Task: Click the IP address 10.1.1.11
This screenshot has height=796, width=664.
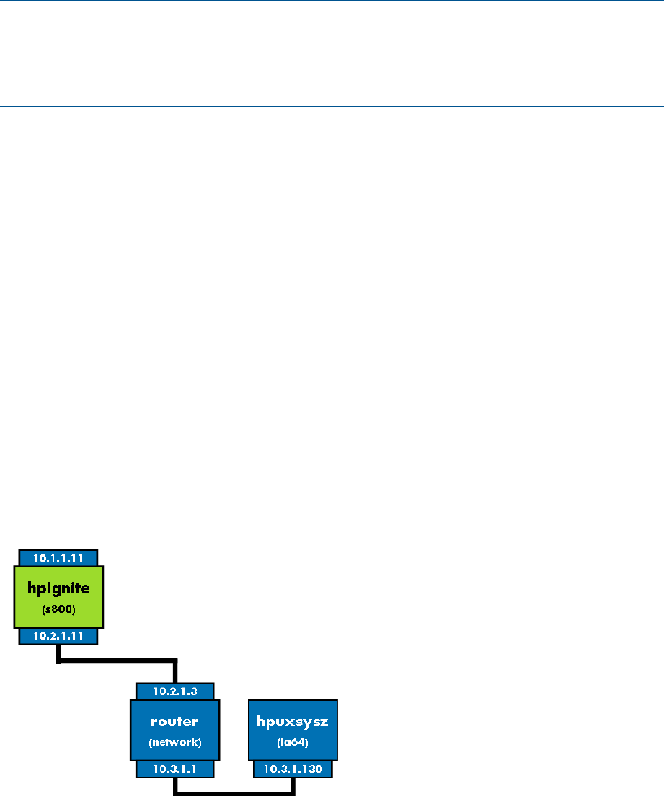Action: pyautogui.click(x=58, y=557)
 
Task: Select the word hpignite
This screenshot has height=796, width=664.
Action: pyautogui.click(x=59, y=588)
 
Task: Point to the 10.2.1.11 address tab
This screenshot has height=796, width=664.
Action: pyautogui.click(x=58, y=636)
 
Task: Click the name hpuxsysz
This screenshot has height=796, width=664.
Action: pyautogui.click(x=292, y=720)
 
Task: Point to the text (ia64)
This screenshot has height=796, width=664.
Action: pyautogui.click(x=292, y=741)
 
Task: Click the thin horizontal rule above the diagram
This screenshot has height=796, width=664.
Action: pyautogui.click(x=332, y=106)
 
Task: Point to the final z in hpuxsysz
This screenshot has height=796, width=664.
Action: pyautogui.click(x=322, y=721)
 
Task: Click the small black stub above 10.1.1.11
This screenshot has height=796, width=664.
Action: pyautogui.click(x=58, y=549)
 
